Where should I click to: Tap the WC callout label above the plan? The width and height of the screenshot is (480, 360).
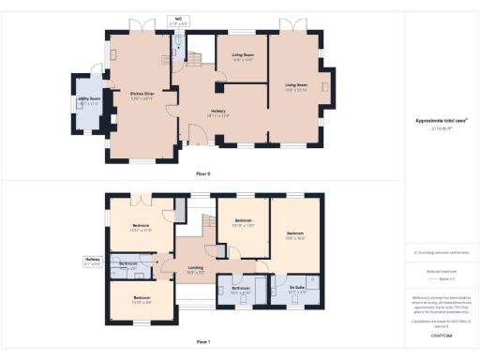point(178,19)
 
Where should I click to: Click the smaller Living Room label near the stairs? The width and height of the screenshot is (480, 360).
point(242,56)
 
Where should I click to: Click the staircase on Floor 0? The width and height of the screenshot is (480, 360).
point(195,59)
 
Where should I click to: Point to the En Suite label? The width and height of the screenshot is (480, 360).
point(296,290)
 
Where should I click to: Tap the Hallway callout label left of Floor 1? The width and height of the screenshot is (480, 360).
point(92,262)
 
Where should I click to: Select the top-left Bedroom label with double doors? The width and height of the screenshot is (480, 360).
point(141,227)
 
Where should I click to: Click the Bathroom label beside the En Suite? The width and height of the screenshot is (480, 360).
point(242,290)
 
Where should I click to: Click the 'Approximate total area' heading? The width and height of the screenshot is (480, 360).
point(441,121)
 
